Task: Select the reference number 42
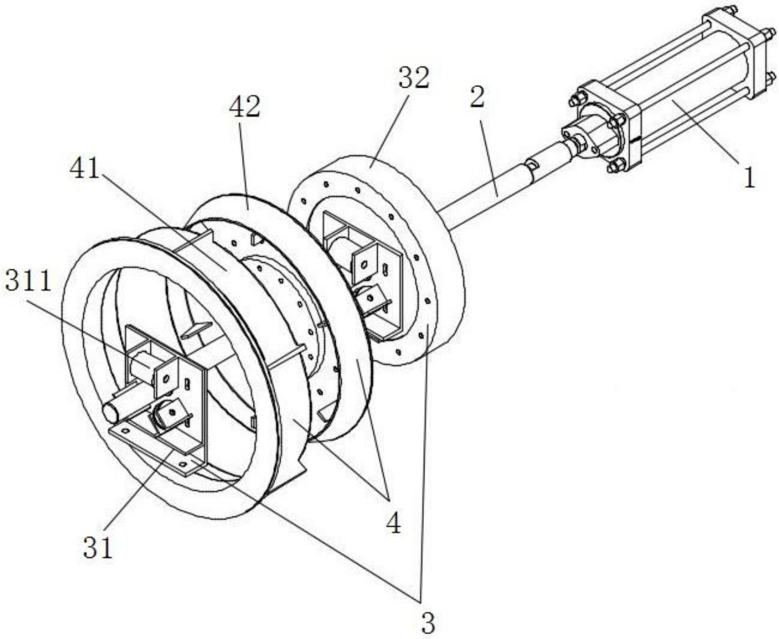tap(244, 105)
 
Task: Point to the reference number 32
tap(414, 78)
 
